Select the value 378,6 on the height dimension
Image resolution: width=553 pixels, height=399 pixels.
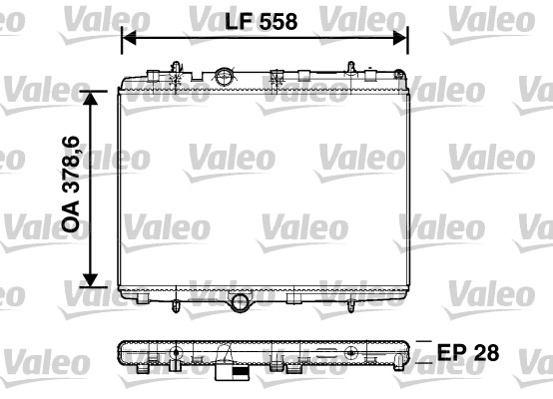coord(72,175)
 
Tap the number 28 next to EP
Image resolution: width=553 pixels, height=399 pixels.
coord(484,353)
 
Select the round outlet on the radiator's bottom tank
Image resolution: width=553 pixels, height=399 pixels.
coord(241,301)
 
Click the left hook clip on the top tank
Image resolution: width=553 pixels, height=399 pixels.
coord(176,69)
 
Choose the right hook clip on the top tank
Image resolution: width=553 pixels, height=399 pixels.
coord(351,69)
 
